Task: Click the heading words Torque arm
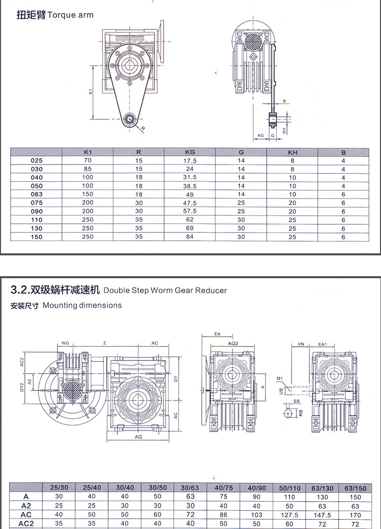71,15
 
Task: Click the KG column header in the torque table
190,152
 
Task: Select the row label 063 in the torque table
37,194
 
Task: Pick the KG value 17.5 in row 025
190,161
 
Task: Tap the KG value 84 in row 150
190,237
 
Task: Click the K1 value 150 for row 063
88,194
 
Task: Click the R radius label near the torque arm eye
143,128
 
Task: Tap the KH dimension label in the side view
284,130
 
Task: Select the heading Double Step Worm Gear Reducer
165,291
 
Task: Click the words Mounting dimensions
82,306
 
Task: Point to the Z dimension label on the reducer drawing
105,344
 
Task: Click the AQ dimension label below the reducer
138,436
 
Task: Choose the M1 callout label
279,379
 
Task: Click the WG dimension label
65,344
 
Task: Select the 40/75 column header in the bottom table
224,488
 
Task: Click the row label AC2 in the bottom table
26,523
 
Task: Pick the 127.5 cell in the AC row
289,514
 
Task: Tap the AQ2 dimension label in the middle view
233,344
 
